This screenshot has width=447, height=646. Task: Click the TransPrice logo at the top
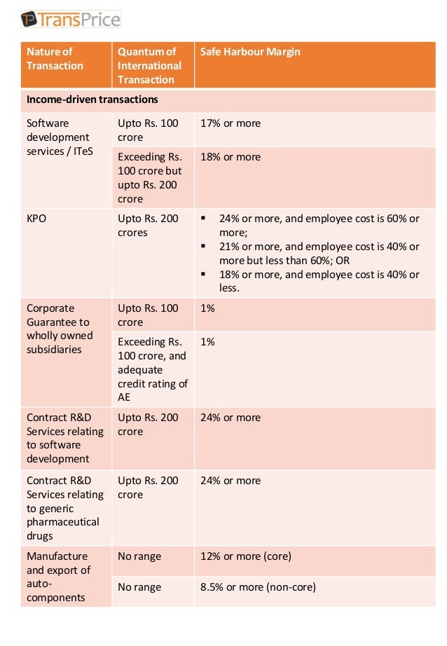(x=69, y=19)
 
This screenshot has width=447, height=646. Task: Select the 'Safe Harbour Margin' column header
(x=250, y=52)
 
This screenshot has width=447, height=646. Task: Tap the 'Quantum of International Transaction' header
(x=149, y=66)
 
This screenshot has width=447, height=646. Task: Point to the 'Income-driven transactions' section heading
(x=92, y=99)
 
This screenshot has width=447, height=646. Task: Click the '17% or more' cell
(x=230, y=123)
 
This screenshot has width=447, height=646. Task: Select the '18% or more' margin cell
(x=230, y=157)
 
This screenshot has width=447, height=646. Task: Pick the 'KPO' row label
(x=36, y=219)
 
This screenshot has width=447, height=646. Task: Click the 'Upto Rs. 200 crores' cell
(x=148, y=226)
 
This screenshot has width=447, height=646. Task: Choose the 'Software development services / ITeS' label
(x=58, y=137)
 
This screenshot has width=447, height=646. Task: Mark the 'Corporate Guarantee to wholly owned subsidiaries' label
(x=60, y=329)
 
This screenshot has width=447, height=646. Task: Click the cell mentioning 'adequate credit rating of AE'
(x=152, y=369)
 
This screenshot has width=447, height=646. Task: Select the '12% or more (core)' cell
(x=245, y=556)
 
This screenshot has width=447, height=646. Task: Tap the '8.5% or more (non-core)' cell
(x=258, y=587)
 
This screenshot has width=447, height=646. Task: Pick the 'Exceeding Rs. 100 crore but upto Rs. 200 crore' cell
(x=150, y=178)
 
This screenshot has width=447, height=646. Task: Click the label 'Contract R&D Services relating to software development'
(x=64, y=438)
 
